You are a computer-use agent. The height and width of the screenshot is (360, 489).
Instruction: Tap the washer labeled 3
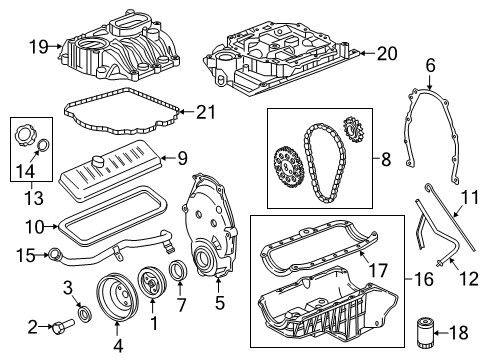pyautogui.click(x=87, y=315)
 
